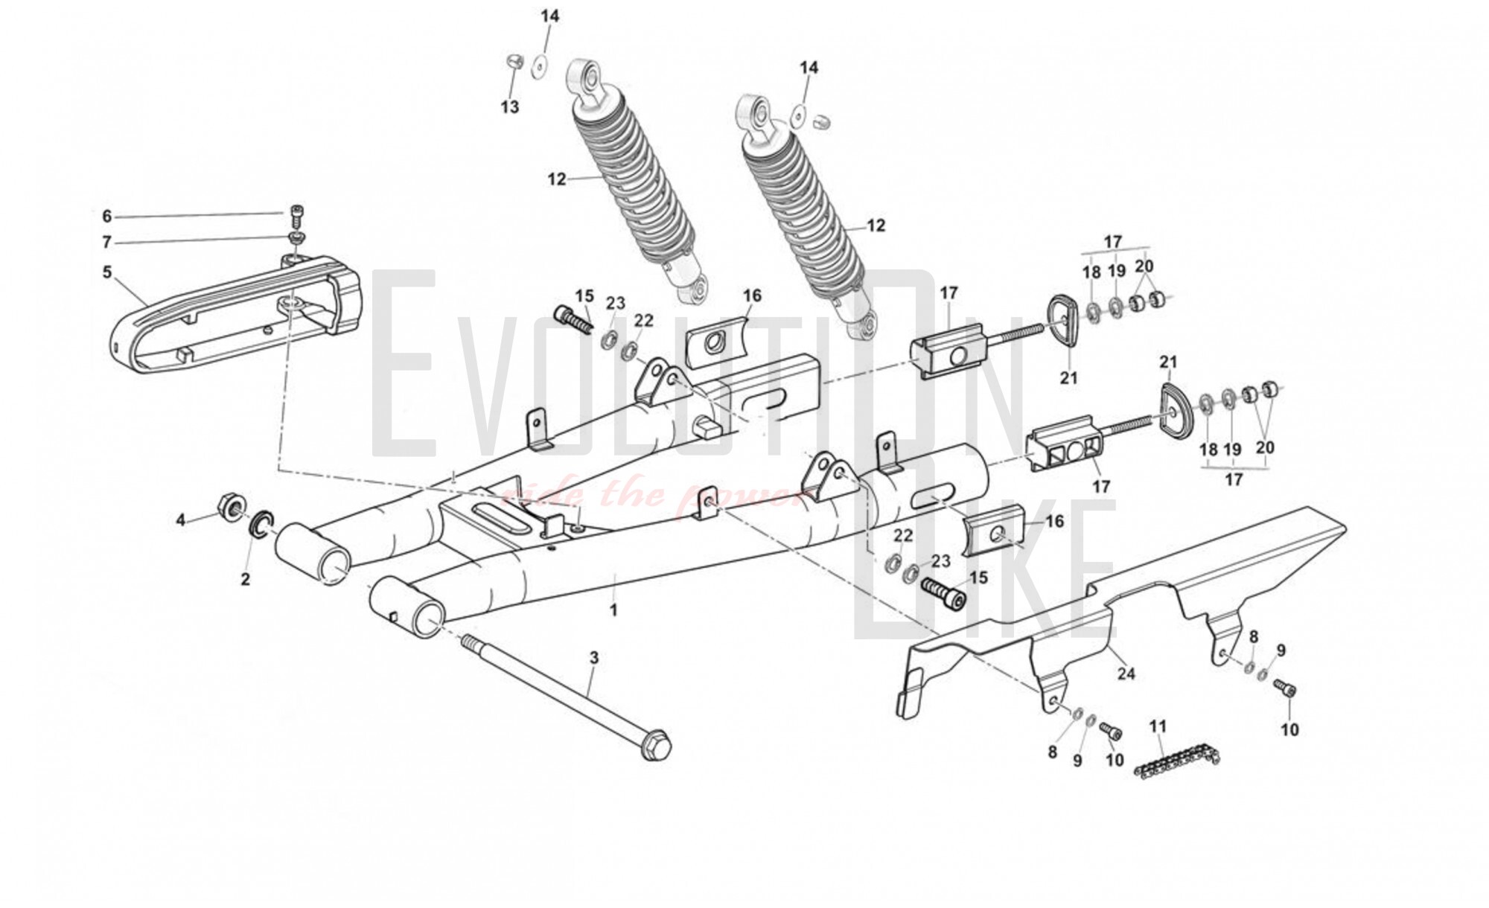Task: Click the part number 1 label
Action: tap(614, 610)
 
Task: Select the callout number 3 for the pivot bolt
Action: tap(593, 658)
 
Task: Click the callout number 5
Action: tap(107, 272)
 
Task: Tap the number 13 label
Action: tap(509, 108)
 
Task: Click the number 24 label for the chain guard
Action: tap(1126, 674)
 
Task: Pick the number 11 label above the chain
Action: tap(1158, 726)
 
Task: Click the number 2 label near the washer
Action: tap(246, 579)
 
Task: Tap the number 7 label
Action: tap(106, 243)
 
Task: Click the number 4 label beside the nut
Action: tap(180, 520)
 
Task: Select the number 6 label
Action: tap(106, 217)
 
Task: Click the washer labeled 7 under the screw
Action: tap(297, 237)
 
